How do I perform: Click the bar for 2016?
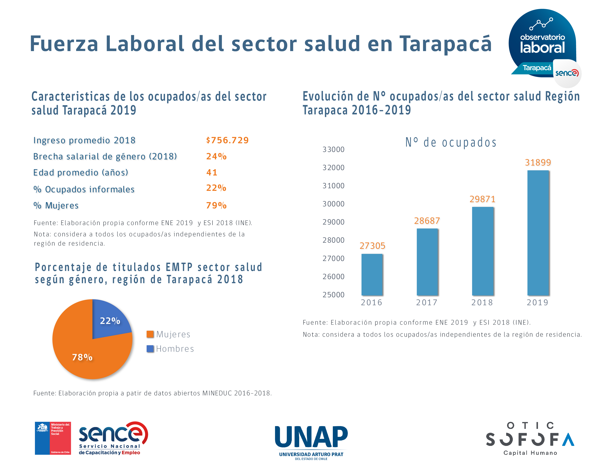pyautogui.click(x=372, y=275)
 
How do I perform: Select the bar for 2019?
pyautogui.click(x=538, y=233)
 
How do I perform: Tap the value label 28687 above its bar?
pyautogui.click(x=427, y=221)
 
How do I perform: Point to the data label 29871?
pyautogui.click(x=482, y=199)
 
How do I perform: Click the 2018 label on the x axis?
pyautogui.click(x=482, y=302)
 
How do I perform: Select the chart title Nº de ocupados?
pyautogui.click(x=451, y=142)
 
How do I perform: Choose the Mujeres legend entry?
pyautogui.click(x=168, y=334)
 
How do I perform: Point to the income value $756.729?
pyautogui.click(x=227, y=140)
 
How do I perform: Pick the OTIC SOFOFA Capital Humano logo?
pyautogui.click(x=530, y=438)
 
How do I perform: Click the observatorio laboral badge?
pyautogui.click(x=542, y=43)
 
